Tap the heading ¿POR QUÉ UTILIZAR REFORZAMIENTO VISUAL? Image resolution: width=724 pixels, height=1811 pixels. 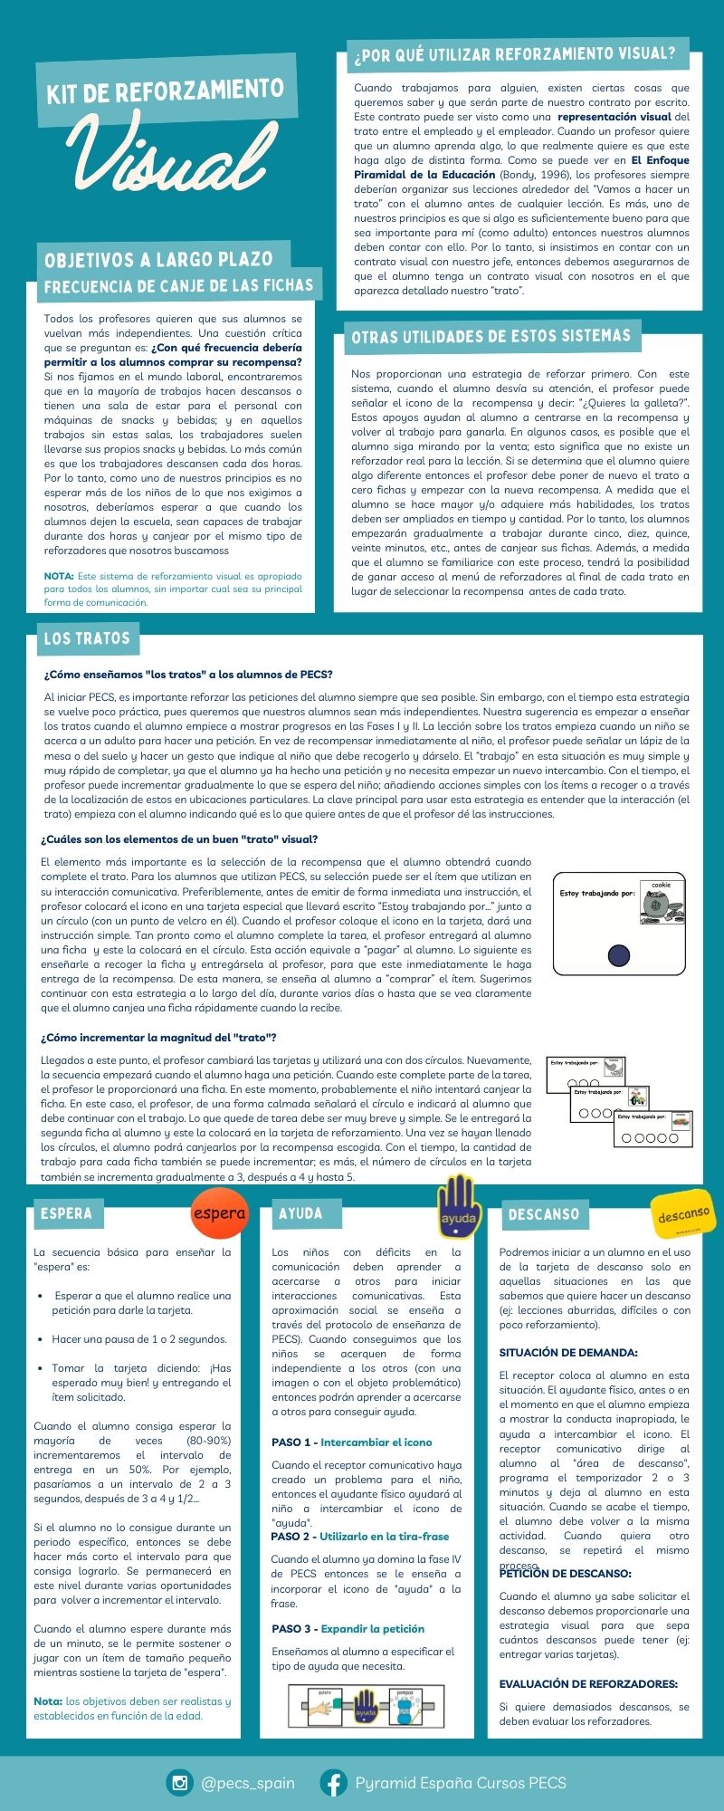click(515, 54)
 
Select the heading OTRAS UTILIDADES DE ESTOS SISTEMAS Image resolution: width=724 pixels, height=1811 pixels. click(491, 337)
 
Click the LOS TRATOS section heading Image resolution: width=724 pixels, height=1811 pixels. click(87, 638)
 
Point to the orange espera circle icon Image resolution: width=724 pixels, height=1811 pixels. click(219, 1213)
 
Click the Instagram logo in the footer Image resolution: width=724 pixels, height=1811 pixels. click(180, 1783)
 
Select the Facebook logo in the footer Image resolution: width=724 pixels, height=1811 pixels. click(334, 1783)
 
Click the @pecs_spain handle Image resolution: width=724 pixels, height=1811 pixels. click(248, 1783)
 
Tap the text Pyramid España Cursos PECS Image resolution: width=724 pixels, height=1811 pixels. click(461, 1783)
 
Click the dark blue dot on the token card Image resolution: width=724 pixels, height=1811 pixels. click(619, 954)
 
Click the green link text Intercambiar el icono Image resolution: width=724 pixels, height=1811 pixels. click(376, 1442)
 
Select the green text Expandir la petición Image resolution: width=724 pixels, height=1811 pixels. click(372, 1629)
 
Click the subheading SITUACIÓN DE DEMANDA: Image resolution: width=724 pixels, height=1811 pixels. click(568, 1353)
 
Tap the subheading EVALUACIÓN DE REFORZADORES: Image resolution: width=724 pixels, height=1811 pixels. click(588, 1684)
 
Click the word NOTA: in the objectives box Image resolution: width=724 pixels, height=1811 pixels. click(59, 576)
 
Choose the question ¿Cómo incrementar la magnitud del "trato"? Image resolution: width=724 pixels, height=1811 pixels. click(158, 1038)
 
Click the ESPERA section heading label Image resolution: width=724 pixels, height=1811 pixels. click(66, 1213)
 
